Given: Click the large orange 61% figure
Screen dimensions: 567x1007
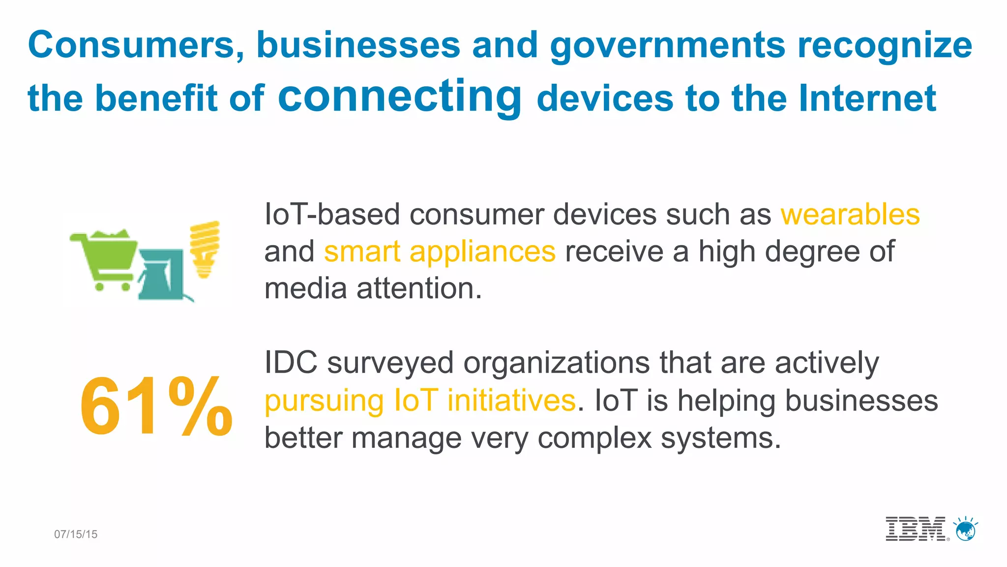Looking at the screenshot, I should (156, 406).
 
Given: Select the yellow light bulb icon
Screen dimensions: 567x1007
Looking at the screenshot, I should (205, 249).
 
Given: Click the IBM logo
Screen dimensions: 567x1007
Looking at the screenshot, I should (916, 529).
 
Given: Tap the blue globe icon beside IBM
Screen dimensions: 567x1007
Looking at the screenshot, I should (966, 530).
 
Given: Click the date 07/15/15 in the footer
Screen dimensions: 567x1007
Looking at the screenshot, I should (76, 535).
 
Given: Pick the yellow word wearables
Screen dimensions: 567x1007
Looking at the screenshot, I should (850, 215).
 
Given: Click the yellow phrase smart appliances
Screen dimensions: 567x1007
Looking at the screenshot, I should (440, 252).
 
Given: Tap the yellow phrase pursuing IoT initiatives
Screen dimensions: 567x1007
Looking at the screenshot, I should (420, 400).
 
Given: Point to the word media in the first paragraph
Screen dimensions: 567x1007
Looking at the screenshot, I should (305, 288).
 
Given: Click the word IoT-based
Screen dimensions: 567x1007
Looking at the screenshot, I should (332, 215).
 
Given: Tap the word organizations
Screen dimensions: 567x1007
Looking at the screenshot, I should (557, 364).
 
